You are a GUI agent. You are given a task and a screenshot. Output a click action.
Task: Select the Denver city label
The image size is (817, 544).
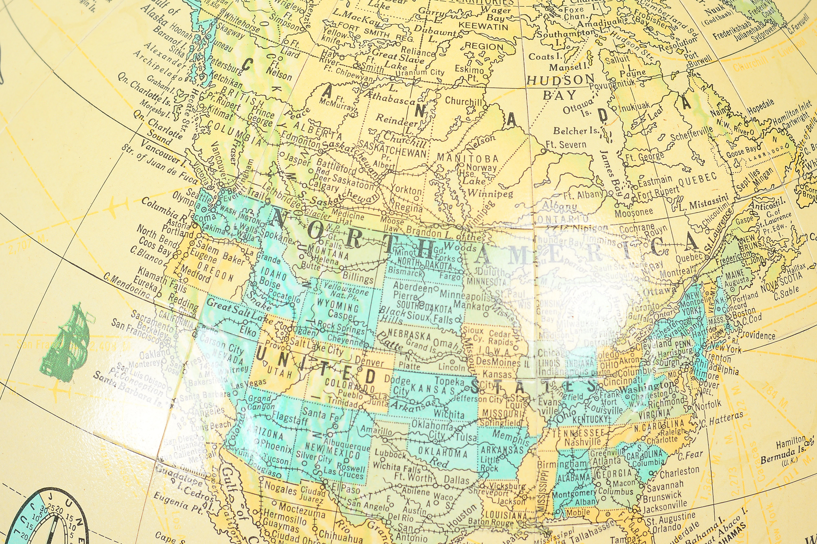pos(369,361)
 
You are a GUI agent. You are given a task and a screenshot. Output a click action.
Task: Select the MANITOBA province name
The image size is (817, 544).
pos(468,158)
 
